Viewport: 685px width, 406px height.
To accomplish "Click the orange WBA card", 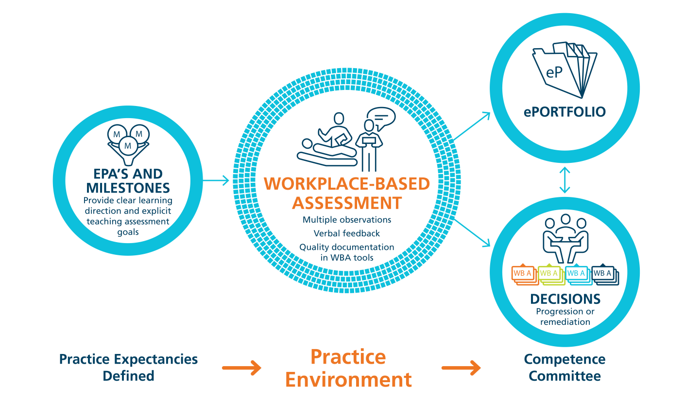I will pos(523,274).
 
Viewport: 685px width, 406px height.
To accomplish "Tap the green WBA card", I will pos(549,274).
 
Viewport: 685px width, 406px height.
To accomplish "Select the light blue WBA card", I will pos(577,274).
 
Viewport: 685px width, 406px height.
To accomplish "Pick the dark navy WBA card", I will pos(603,274).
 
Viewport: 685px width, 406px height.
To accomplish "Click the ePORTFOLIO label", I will pos(565,112).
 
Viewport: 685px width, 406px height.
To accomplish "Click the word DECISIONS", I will pos(565,299).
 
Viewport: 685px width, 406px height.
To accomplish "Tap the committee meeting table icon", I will pos(565,238).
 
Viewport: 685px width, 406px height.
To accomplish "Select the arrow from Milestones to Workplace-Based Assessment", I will pos(216,181).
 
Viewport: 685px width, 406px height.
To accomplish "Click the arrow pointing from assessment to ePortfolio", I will pos(473,126).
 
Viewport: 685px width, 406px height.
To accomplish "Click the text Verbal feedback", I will pos(346,233).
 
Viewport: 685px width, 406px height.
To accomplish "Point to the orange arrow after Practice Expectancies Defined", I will pos(241,368).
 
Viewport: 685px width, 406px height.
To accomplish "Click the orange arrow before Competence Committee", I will pos(461,368).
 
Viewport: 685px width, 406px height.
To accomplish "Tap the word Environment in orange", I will pos(348,379).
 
